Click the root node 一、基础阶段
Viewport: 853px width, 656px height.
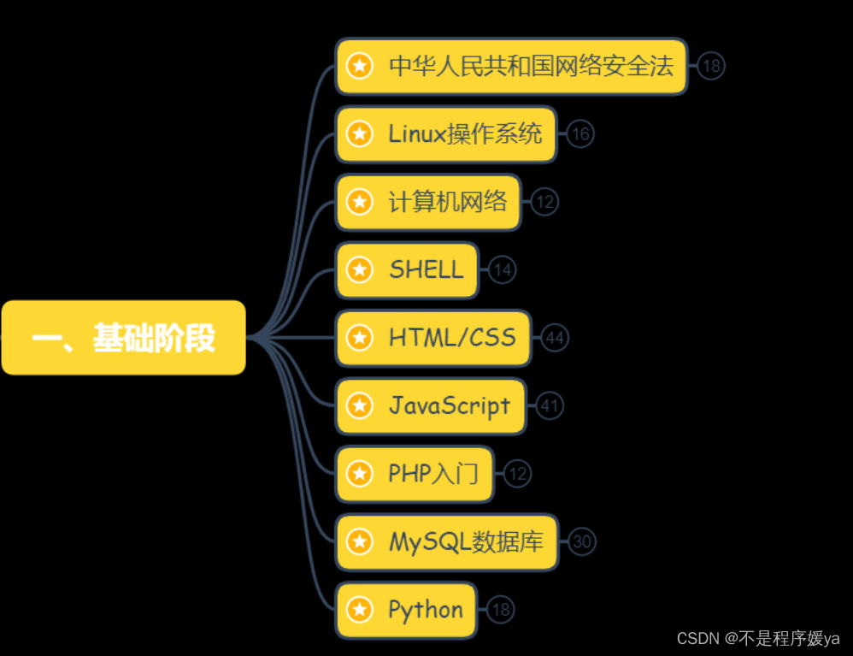click(x=123, y=338)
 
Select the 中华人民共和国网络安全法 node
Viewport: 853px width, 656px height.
click(x=511, y=66)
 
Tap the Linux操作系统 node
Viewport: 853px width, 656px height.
click(x=446, y=134)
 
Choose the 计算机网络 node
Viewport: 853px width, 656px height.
click(x=428, y=202)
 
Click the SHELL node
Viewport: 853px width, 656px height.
click(x=407, y=270)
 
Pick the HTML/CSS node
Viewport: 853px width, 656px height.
click(x=433, y=338)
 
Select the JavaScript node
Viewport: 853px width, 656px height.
click(x=431, y=405)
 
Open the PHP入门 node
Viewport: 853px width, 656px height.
click(x=415, y=474)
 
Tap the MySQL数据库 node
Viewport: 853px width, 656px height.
click(x=446, y=541)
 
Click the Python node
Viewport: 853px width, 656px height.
click(x=406, y=610)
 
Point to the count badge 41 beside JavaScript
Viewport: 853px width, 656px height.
click(x=550, y=406)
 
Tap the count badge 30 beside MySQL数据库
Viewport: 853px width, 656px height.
click(x=582, y=541)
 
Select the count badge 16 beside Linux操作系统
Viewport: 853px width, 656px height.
click(x=580, y=134)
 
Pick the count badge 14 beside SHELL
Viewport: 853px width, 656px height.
click(x=503, y=270)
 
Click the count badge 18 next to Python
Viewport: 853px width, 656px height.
click(x=501, y=610)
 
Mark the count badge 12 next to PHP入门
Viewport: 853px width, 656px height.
click(x=517, y=474)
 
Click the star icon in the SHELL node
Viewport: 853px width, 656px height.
click(x=360, y=270)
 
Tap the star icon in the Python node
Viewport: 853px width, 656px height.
click(x=360, y=610)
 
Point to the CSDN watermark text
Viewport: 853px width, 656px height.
click(x=757, y=639)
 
